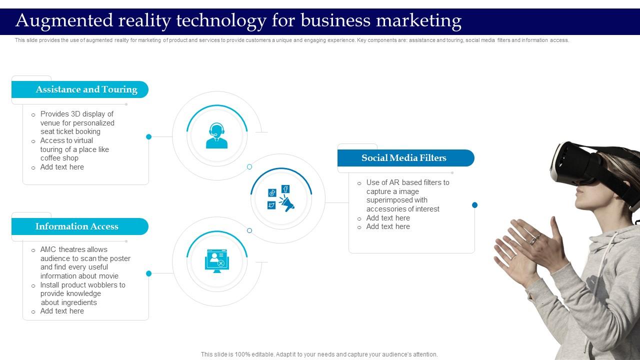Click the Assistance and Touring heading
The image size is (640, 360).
coord(86,89)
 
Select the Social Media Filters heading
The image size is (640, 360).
coord(403,157)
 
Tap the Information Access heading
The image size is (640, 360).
coord(77,226)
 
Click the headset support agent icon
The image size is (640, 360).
coord(217,135)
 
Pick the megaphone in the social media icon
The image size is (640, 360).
coord(287,203)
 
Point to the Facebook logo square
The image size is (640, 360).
coord(285,189)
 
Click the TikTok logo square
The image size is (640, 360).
coord(272,193)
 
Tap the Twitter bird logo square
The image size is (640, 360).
coord(271,205)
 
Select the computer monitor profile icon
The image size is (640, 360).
coord(217,261)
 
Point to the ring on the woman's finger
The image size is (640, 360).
coord(533,240)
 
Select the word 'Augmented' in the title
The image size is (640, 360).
coord(64,21)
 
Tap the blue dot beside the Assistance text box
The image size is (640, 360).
coord(148,137)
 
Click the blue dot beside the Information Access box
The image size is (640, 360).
coord(148,273)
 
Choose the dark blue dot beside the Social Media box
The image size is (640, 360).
coord(474,205)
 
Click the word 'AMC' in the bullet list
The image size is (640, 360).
coord(48,249)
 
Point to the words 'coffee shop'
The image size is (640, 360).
coord(59,158)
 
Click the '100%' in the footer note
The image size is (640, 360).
coord(240,354)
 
